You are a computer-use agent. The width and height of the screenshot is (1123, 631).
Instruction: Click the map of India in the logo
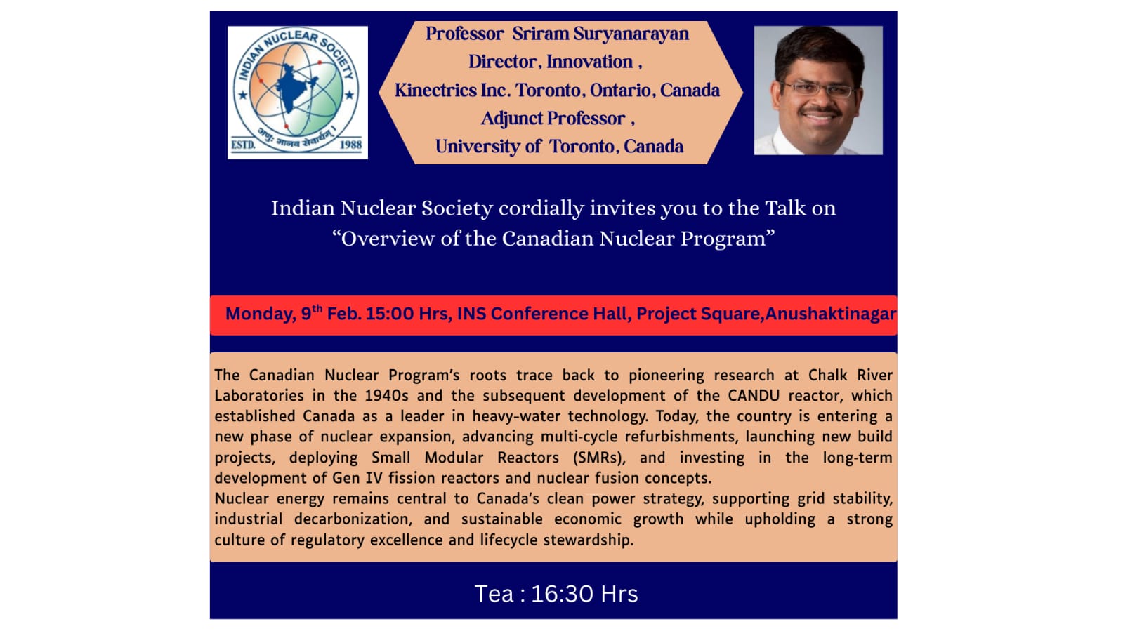(294, 88)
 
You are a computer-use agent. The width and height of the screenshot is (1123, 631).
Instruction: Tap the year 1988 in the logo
(350, 145)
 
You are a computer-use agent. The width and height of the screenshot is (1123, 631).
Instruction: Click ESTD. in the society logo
(243, 145)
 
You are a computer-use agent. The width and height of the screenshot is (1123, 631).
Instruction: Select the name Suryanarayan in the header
(631, 34)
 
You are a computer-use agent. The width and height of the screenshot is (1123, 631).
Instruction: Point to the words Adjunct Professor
(553, 119)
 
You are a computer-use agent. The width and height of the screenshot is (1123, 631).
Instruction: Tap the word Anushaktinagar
(830, 314)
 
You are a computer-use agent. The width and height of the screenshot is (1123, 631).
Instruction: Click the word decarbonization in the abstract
(353, 519)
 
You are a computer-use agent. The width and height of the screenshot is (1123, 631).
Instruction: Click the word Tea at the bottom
(494, 595)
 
